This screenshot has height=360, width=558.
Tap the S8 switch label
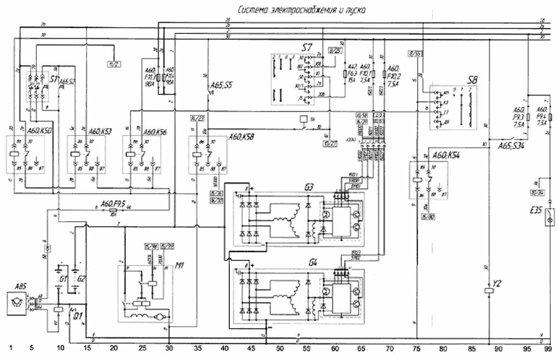tap(471, 78)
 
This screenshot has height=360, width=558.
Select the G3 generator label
tap(309, 187)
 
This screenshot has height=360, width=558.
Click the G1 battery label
tap(62, 278)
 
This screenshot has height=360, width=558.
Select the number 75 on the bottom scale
tap(416, 348)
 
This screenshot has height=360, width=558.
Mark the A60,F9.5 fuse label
tap(112, 203)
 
